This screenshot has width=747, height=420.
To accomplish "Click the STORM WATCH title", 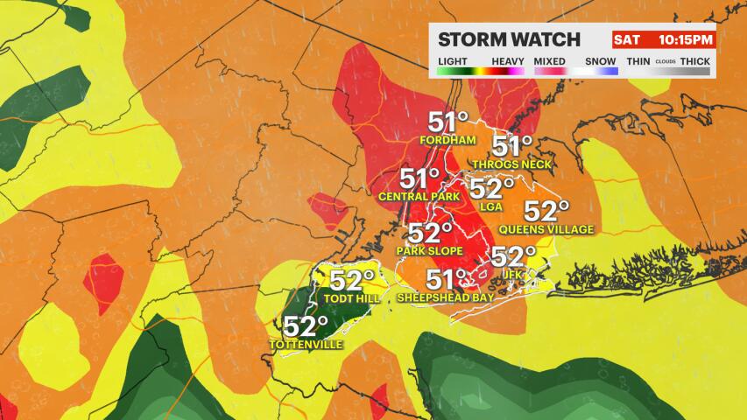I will (509, 39).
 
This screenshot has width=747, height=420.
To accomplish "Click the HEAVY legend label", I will (507, 60).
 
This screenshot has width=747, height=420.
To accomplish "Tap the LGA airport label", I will (492, 206).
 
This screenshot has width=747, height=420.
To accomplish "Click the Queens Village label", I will (546, 229).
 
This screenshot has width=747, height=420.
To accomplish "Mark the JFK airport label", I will (513, 274).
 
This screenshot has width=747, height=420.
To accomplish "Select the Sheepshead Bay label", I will (446, 297).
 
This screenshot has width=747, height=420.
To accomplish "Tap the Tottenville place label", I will (305, 344).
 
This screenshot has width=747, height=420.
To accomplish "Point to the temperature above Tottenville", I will (305, 327).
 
